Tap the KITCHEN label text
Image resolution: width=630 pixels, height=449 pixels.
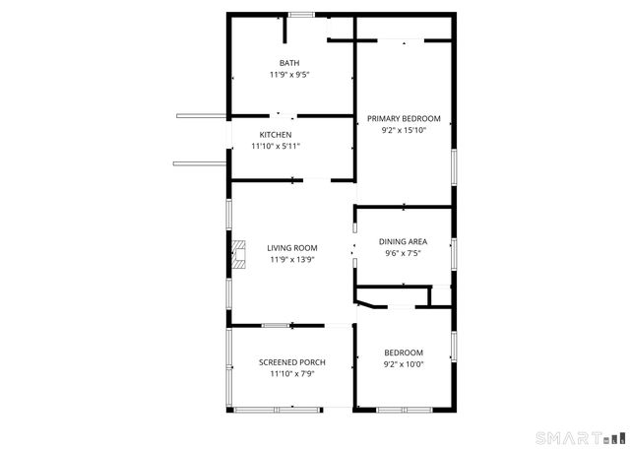point(276,135)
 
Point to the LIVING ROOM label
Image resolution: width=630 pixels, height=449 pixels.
point(291,248)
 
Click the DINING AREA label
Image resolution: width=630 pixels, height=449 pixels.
point(404,241)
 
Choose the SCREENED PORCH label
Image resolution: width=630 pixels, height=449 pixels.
point(291,362)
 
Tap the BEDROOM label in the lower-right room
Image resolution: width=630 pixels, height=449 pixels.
point(404,353)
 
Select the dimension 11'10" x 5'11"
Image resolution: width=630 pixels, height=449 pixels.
point(276,146)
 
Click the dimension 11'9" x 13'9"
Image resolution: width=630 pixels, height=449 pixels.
point(291,260)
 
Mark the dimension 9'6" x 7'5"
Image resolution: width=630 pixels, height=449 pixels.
point(404,252)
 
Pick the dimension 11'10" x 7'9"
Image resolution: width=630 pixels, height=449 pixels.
point(291,374)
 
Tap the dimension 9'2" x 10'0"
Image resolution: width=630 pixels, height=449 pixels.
point(404,364)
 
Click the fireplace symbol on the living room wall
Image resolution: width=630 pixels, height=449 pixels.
point(239,254)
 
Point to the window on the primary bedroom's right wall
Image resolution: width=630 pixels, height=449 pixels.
point(454,164)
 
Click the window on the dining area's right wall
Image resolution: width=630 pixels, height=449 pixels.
point(454,253)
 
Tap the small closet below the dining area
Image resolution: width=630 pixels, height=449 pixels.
point(394,297)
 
